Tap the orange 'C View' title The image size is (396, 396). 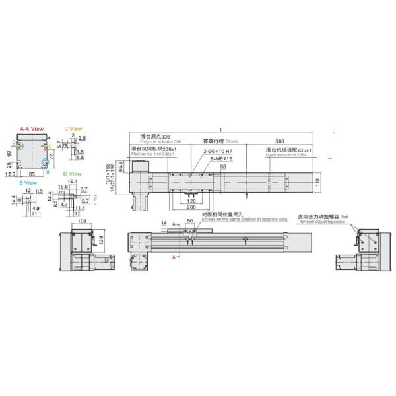coord(73,129)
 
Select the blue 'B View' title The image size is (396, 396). coord(28,183)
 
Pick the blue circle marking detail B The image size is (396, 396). coord(46,162)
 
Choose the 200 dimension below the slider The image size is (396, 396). coord(191,206)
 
